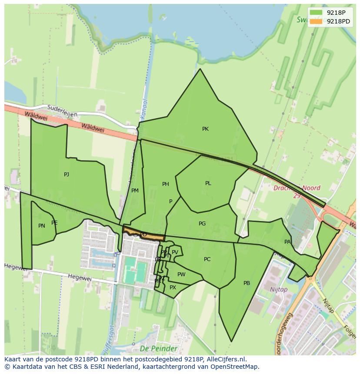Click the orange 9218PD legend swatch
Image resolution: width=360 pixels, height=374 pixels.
(316, 21)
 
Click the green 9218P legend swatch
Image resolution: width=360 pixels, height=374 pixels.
(316, 13)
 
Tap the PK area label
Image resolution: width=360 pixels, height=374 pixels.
(205, 129)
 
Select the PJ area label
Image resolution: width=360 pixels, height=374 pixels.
(67, 175)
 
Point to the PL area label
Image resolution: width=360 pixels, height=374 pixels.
(208, 183)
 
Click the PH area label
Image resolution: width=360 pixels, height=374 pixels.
(166, 185)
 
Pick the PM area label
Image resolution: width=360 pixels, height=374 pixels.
(135, 191)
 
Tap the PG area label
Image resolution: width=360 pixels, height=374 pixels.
(202, 224)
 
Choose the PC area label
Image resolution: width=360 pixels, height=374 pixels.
(207, 259)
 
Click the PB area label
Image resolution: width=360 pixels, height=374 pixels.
(247, 283)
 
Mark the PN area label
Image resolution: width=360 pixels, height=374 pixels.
(42, 226)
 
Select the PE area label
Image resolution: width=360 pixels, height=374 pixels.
(54, 223)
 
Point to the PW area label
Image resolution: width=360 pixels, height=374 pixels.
(181, 275)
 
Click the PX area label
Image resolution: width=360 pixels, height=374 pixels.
(173, 288)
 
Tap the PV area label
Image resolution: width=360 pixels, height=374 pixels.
(175, 252)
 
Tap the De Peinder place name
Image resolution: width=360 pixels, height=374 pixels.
(158, 348)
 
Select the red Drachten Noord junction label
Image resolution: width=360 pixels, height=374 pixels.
(297, 188)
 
